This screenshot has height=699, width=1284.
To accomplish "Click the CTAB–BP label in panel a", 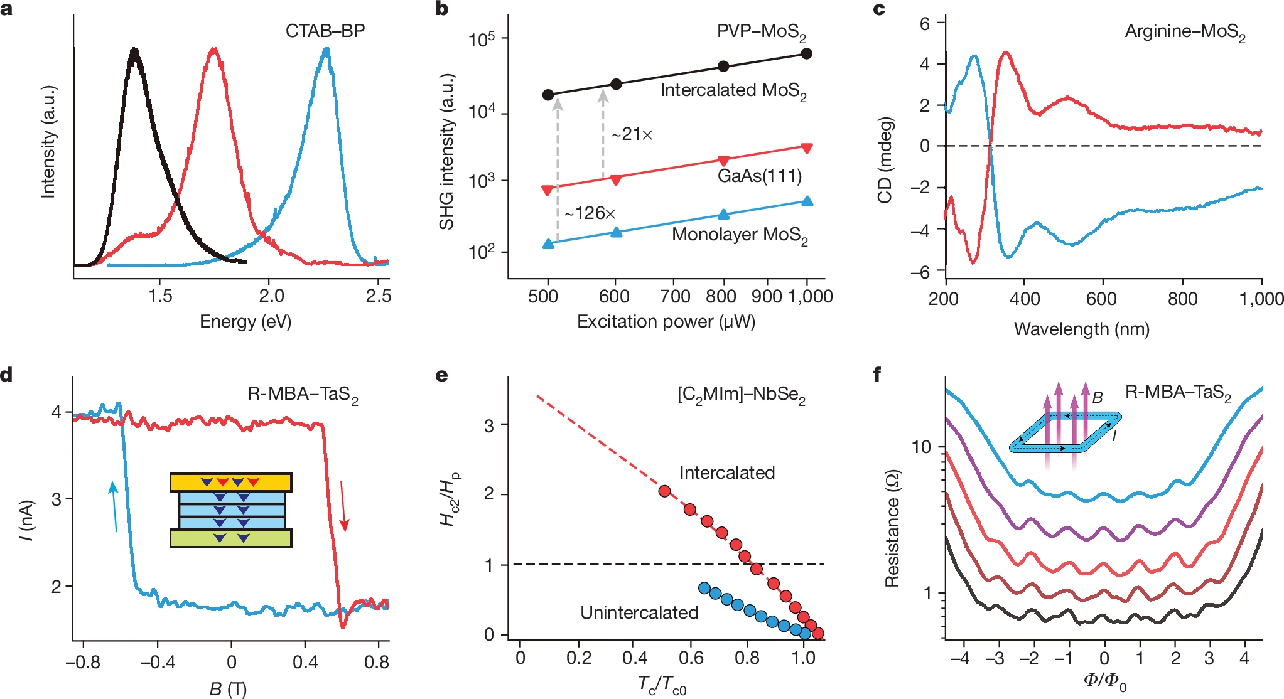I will point(325,31).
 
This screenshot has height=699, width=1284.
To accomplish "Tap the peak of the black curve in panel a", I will point(134,50).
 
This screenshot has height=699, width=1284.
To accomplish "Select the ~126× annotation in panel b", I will point(590,213).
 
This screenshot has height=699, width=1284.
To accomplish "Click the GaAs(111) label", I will point(760,176).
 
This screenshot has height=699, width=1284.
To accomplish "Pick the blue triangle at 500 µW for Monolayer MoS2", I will point(548,243).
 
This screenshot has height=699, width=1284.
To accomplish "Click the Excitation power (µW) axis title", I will point(666,322).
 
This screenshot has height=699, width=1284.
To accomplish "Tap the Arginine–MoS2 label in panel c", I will point(1184,32).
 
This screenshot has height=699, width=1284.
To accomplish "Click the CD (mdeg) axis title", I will point(885,159).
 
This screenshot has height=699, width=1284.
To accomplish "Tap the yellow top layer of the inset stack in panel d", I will point(230,483).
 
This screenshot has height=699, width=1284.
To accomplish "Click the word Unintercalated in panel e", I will point(639,612).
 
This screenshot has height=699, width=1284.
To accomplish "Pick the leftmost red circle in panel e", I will point(665,491).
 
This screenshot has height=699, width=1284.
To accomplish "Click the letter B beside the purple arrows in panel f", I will point(1097,397).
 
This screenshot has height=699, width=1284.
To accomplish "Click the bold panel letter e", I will point(441,375).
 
